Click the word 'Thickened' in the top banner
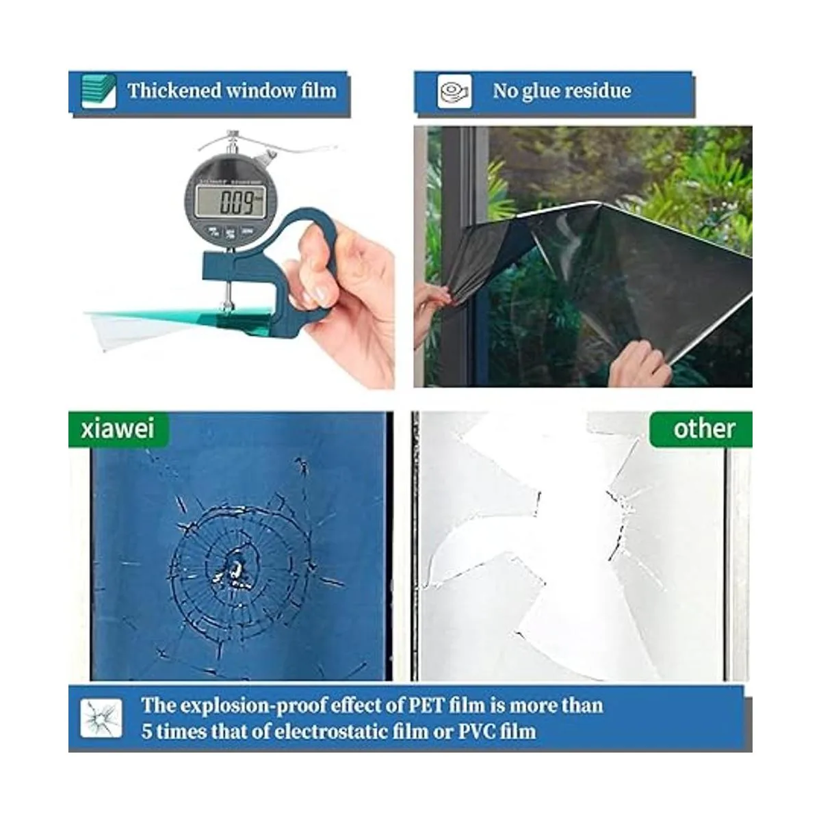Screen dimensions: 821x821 (174, 90)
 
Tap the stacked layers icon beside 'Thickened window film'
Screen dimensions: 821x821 (99, 91)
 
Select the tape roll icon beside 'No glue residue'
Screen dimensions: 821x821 (454, 91)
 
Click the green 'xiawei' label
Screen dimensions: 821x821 (118, 428)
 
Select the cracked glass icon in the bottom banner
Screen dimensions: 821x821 (101, 718)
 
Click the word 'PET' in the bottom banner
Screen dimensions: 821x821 (427, 705)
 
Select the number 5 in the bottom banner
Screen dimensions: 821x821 (146, 731)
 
